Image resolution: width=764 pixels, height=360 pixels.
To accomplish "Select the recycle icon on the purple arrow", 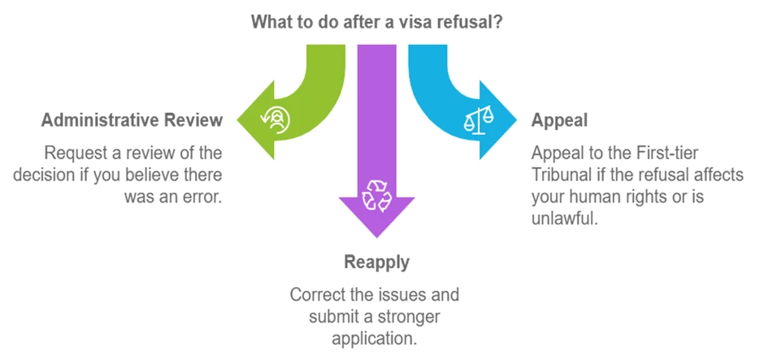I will pos(376,196).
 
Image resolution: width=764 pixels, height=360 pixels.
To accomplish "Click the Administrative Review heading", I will pos(132,120).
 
